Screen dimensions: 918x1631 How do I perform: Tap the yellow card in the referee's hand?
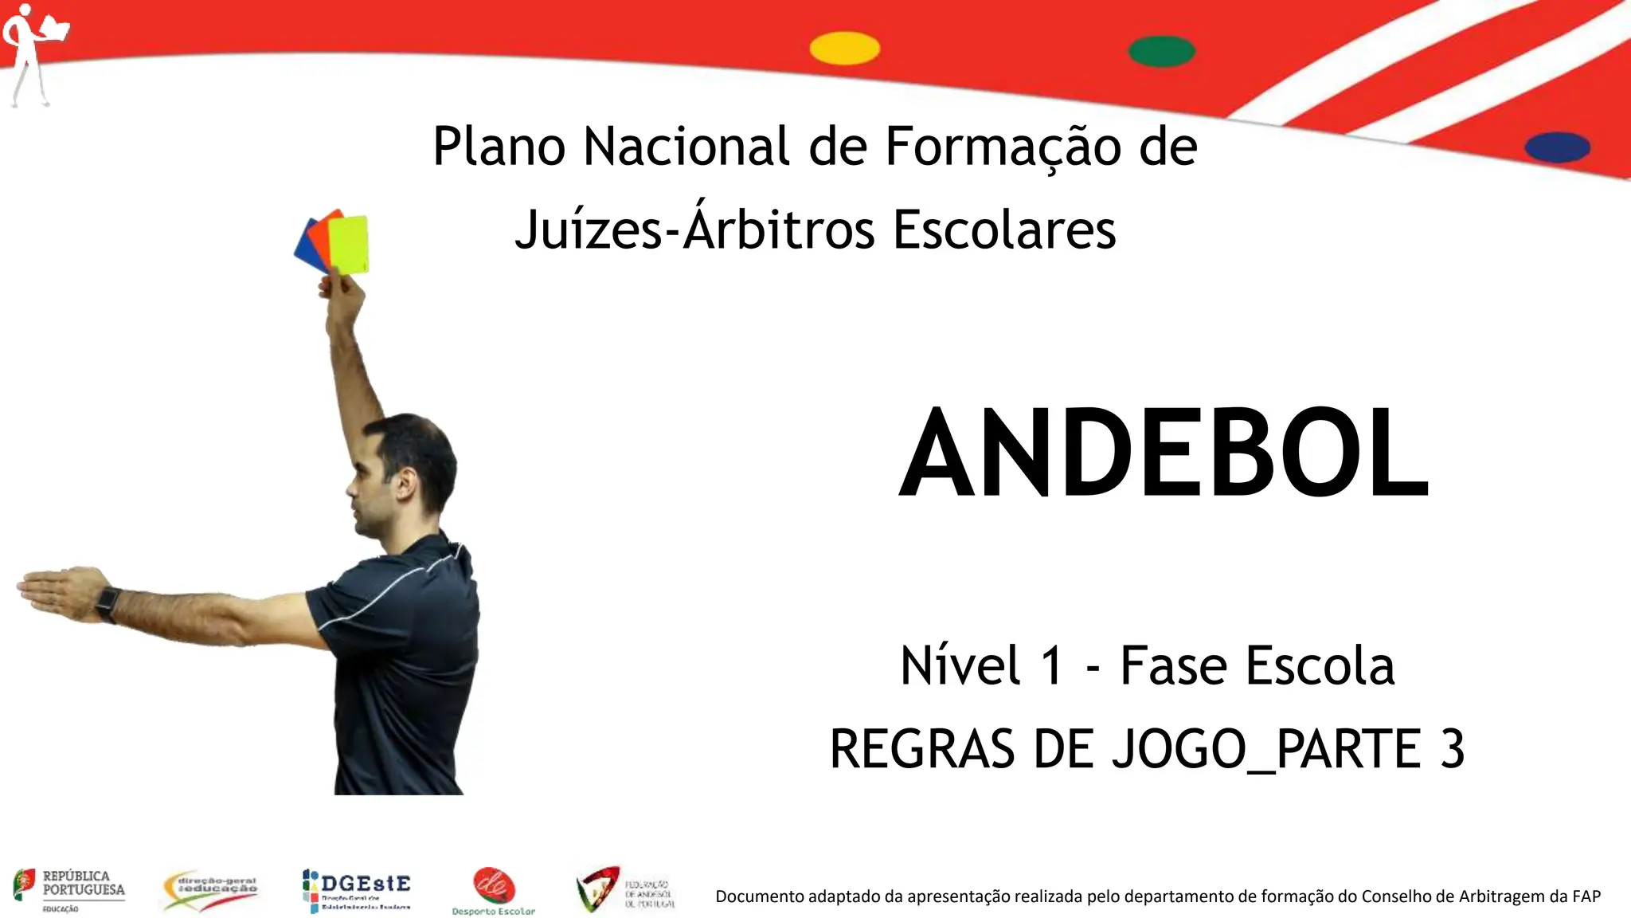click(x=350, y=244)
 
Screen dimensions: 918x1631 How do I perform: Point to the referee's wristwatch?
click(x=108, y=604)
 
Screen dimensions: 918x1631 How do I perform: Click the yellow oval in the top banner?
click(x=844, y=49)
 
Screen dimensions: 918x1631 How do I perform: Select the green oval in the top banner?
click(x=1161, y=51)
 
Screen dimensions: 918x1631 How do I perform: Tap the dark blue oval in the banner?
click(x=1557, y=147)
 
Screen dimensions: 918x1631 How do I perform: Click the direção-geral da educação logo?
click(x=210, y=889)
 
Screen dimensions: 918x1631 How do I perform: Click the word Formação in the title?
click(x=1003, y=147)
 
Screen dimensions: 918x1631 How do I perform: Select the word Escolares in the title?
click(x=1004, y=230)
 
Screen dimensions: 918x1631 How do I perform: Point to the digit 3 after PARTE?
click(x=1452, y=749)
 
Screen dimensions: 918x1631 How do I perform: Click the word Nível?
click(x=960, y=665)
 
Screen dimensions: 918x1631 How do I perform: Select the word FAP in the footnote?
click(x=1586, y=896)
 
